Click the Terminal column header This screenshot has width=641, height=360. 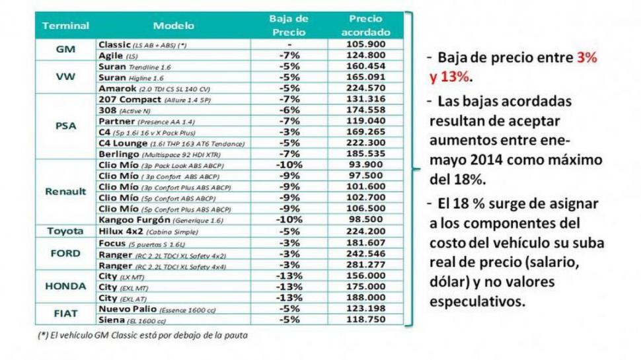[x=65, y=26]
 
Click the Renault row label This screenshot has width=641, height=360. [x=65, y=192]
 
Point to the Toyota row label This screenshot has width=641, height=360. [x=65, y=231]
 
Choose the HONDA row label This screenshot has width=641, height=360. [x=65, y=286]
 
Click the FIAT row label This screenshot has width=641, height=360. [x=65, y=314]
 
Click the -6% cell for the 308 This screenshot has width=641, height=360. [x=289, y=110]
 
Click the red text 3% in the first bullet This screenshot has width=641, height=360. [x=585, y=58]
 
